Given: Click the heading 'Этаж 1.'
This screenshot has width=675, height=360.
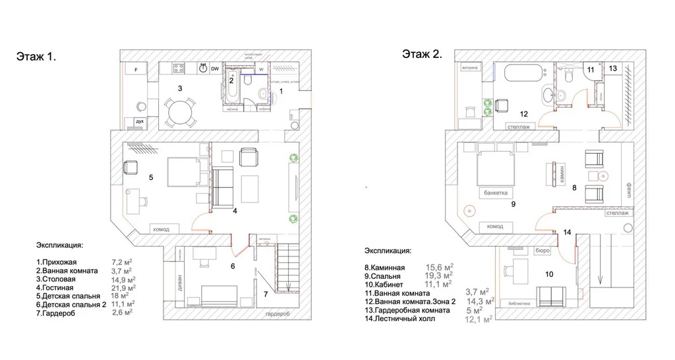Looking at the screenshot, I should click(36, 57).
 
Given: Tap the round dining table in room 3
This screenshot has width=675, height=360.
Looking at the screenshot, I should click(179, 113).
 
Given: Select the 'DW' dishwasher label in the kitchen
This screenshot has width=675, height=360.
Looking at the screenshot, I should click(216, 69).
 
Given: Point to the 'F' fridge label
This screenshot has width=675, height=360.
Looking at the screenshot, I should click(136, 69).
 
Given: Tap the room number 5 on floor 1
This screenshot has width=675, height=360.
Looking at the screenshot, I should click(151, 177).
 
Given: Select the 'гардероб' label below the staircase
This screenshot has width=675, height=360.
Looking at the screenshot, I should click(276, 315).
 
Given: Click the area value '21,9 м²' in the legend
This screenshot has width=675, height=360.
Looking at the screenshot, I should click(123, 287).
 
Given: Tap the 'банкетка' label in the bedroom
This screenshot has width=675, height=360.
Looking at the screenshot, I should click(495, 193).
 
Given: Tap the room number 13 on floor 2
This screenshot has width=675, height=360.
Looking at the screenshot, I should click(612, 68).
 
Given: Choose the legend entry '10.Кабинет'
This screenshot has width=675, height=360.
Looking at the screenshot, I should click(390, 284).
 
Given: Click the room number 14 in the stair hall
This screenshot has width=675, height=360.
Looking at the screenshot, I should click(568, 232).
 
